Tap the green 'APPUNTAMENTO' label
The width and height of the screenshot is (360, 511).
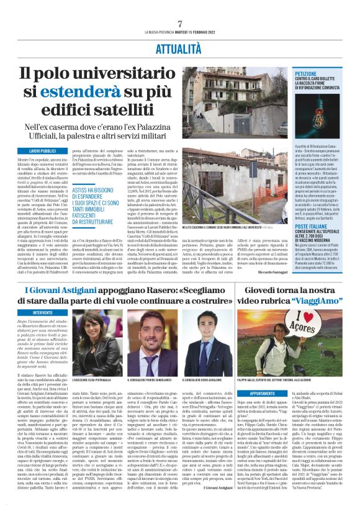[277, 392]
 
